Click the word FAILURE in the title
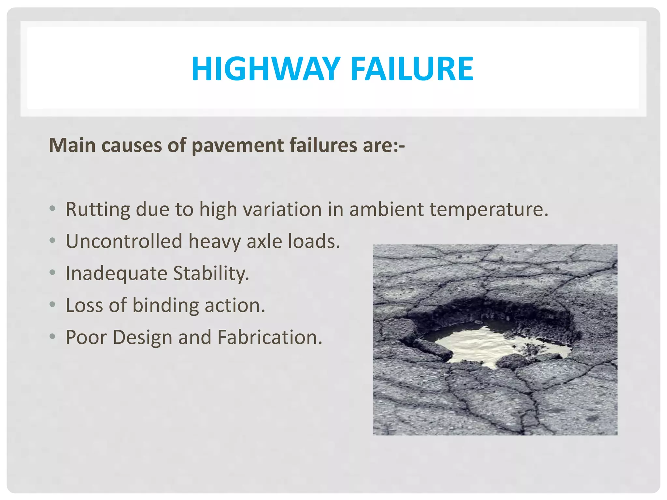tap(412, 69)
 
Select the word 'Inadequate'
tap(116, 273)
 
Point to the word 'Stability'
tap(211, 273)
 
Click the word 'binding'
tap(165, 305)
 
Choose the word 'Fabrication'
tap(269, 337)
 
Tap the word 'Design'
tap(142, 337)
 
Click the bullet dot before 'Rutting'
tap(52, 208)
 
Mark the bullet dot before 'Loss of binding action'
tap(52, 304)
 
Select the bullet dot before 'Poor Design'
tap(52, 336)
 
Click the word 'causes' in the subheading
tap(132, 145)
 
